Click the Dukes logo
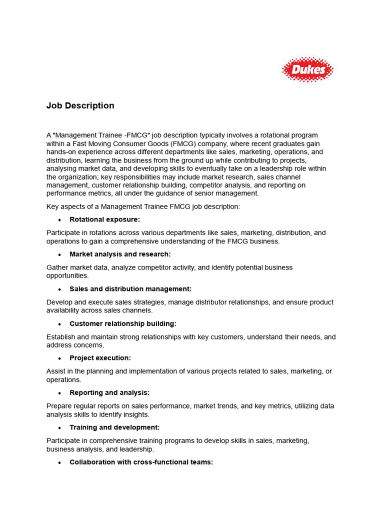tap(307, 69)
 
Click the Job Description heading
tap(80, 106)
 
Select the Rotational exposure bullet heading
tap(104, 219)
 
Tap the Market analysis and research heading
tap(120, 254)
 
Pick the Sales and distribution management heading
tap(130, 289)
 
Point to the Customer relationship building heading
tap(123, 323)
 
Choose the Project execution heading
tap(100, 358)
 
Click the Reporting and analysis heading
tap(109, 393)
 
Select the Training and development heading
tap(114, 427)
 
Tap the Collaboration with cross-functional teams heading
tap(141, 462)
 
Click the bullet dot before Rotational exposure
tap(59, 220)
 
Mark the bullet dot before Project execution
tap(59, 358)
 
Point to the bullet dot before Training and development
tap(59, 428)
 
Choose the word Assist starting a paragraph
tap(55, 371)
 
